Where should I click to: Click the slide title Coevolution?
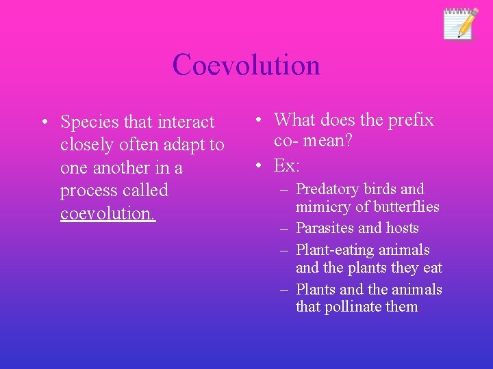tap(246, 65)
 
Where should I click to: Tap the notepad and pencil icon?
tap(459, 24)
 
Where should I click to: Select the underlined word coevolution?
tap(108, 213)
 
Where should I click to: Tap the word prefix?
tap(411, 120)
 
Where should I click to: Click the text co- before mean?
tap(288, 142)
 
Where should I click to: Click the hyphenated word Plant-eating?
tap(340, 250)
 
